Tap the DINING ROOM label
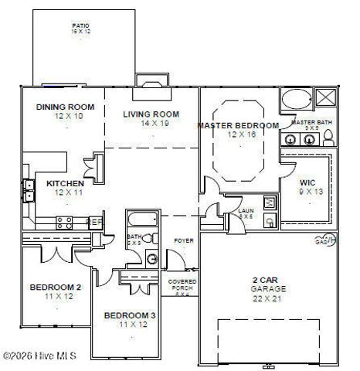point(65,107)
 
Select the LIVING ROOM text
point(151,114)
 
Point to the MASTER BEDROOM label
point(238,125)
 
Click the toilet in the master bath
point(328,138)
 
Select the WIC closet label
point(307,183)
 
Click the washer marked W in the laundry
point(270,203)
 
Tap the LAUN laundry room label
point(246,210)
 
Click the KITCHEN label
point(65,183)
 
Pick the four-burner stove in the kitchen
point(66,223)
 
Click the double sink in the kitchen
point(29,190)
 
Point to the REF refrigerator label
point(97,222)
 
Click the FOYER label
point(182,240)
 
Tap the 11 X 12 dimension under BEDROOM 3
point(130,325)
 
